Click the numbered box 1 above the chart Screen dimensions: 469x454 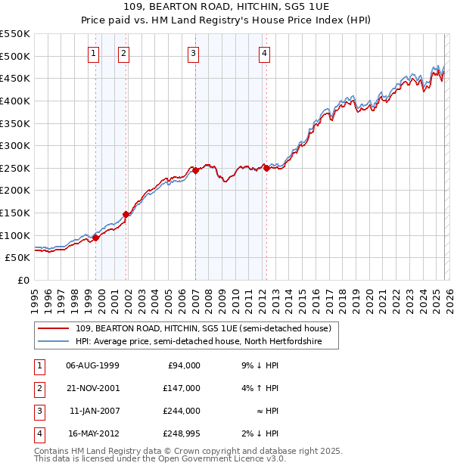click(93, 53)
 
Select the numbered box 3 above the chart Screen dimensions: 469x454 click(194, 53)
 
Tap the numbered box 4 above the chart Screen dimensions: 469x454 click(264, 53)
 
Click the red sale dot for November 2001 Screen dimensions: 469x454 click(126, 214)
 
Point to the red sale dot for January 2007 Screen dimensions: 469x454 click(195, 171)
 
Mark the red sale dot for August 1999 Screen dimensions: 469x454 click(95, 238)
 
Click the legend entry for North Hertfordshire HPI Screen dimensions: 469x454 click(199, 342)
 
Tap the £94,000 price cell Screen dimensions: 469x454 click(182, 365)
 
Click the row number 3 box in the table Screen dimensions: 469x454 click(38, 411)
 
